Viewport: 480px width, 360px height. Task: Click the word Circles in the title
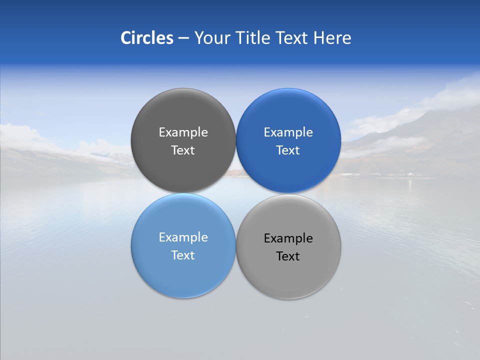146,38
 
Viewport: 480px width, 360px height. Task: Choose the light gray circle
288,275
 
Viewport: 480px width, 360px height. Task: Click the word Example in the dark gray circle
183,132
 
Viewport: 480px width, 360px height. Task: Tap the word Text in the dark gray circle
183,150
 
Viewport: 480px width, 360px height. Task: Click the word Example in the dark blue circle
288,132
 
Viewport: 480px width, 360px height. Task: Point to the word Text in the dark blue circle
288,150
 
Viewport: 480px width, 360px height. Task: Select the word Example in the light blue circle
183,237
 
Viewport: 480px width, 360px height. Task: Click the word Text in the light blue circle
183,255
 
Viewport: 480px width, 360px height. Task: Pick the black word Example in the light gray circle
288,238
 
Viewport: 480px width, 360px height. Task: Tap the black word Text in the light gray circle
288,256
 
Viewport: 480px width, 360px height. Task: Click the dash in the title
183,38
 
